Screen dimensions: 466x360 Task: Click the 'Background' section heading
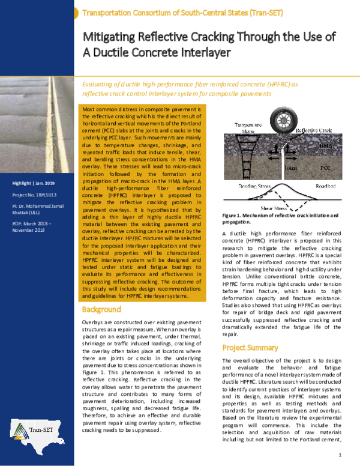click(102, 310)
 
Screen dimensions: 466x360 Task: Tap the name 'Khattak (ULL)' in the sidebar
click(27, 213)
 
